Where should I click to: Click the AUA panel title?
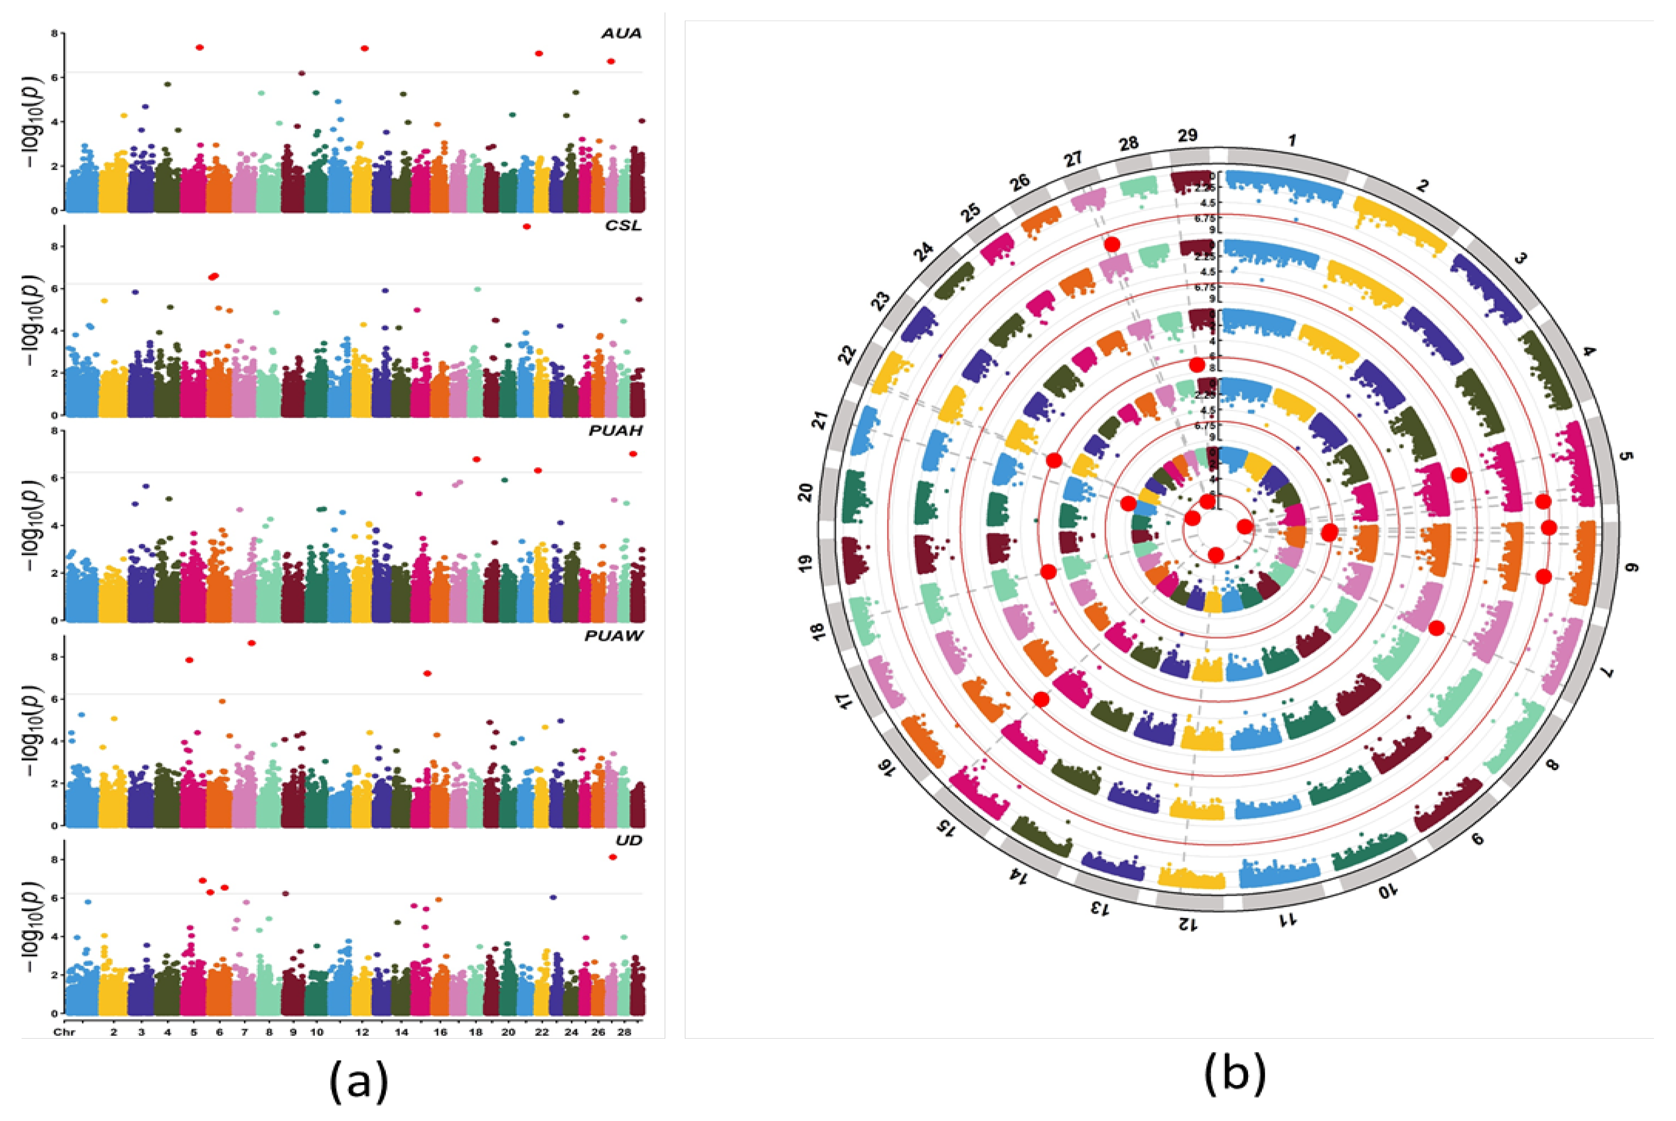point(621,34)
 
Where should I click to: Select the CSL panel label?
point(623,226)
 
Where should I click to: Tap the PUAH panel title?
point(615,430)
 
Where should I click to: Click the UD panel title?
point(629,840)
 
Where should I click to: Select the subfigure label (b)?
point(1235,1075)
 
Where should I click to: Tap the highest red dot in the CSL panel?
point(527,226)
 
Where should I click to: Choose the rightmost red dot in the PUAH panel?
point(632,454)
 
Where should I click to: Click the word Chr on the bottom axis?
point(62,1032)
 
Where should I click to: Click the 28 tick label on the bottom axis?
point(624,1032)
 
